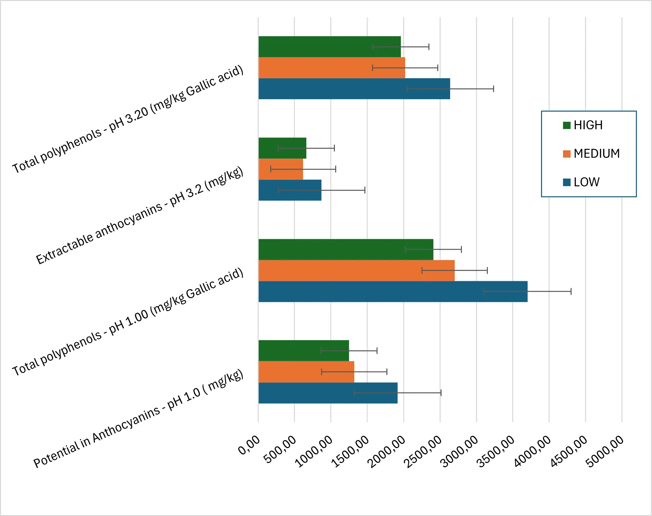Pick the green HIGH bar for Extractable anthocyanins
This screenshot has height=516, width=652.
pos(282,148)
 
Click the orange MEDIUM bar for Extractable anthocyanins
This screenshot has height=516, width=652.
pos(280,169)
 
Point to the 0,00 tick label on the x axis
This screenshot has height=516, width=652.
pos(249,445)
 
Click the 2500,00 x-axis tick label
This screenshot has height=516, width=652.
pos(423,452)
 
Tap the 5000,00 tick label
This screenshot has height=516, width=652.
pos(605,451)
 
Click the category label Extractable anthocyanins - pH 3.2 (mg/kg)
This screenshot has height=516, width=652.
pos(140,215)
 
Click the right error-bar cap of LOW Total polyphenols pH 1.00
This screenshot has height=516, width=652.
pos(571,291)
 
